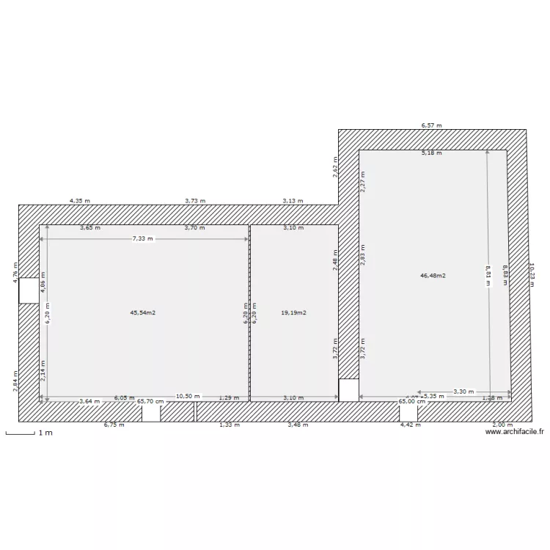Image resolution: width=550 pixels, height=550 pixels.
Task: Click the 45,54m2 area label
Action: pos(143,312)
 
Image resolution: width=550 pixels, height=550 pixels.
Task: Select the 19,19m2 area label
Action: pos(293,312)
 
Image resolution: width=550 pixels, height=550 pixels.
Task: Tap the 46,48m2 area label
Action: pos(433,276)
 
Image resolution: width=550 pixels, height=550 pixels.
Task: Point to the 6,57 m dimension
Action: pos(431,125)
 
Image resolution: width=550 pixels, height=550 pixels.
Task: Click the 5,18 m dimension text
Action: pos(431,153)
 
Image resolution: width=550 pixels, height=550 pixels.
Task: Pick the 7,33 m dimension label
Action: pos(143,239)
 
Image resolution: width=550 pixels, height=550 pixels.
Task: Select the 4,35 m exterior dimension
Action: pos(80,200)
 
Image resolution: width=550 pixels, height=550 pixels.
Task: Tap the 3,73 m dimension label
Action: pos(195,200)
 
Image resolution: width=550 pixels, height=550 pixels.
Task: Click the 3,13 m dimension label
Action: pos(293,200)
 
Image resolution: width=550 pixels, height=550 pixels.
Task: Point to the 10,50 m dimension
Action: pos(188,396)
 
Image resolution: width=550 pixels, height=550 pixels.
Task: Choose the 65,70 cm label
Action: pos(150,401)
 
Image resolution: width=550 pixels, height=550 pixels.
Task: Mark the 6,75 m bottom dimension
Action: pos(114,425)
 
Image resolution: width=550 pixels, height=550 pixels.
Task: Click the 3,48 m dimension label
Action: pos(298,425)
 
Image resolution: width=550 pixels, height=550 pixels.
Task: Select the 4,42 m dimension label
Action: pos(410,425)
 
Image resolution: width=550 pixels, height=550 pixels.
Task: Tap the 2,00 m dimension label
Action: pos(502,425)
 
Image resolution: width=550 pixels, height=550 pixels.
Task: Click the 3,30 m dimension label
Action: pos(463,392)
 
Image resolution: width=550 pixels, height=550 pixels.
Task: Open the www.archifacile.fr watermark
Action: pos(515,433)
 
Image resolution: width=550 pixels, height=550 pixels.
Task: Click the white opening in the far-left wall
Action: pos(29,290)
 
